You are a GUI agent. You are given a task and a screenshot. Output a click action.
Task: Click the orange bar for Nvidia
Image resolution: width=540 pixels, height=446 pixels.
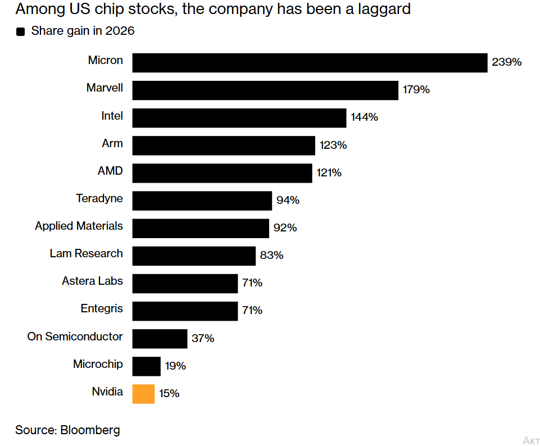[143, 394]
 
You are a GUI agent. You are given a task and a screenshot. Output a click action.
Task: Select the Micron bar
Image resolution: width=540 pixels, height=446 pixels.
[310, 63]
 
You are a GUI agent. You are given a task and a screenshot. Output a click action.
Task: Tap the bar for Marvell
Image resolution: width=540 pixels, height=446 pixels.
[265, 90]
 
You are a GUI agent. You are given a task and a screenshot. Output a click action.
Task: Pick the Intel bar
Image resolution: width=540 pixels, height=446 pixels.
[239, 118]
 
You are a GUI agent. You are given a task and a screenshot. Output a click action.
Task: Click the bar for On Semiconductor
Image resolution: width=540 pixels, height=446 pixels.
[160, 339]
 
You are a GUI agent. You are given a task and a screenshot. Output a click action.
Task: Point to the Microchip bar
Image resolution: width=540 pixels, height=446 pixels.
[146, 366]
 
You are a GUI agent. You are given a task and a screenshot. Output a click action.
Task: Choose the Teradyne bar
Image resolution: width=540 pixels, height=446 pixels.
[202, 201]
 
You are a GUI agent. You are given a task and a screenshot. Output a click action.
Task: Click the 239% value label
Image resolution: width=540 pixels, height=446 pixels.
[507, 62]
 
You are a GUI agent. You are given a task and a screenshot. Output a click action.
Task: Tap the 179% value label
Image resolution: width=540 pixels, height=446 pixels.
[416, 89]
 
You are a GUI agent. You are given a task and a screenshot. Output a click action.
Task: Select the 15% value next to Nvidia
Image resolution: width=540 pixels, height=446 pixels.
[169, 393]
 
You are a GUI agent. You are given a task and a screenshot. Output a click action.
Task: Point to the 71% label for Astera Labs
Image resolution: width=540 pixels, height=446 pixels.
[252, 283]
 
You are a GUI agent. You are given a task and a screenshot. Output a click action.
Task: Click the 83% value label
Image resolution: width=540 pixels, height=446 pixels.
[271, 255]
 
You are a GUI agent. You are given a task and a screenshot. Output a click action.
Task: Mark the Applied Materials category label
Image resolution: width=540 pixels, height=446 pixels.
[79, 226]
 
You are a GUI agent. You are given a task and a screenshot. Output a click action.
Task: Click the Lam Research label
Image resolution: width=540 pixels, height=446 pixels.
[86, 253]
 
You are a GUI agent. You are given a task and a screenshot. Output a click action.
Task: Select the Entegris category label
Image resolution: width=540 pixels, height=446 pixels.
[102, 309]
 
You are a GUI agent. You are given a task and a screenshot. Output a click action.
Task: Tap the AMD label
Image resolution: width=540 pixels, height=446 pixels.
[110, 171]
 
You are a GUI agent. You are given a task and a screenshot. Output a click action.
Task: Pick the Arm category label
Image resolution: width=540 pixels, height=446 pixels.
[112, 143]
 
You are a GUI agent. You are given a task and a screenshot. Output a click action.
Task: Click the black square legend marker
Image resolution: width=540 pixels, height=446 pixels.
[20, 31]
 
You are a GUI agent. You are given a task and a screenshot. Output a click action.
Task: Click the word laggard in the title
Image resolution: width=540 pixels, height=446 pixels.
[384, 10]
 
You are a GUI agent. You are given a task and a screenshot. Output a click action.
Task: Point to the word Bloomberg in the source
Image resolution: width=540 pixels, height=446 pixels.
[90, 430]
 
